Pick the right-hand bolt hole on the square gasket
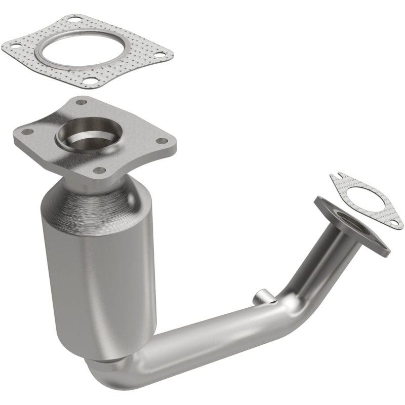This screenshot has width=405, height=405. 160,54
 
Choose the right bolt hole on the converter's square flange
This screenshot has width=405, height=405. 162,142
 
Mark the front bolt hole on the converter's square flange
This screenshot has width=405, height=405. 100,170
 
